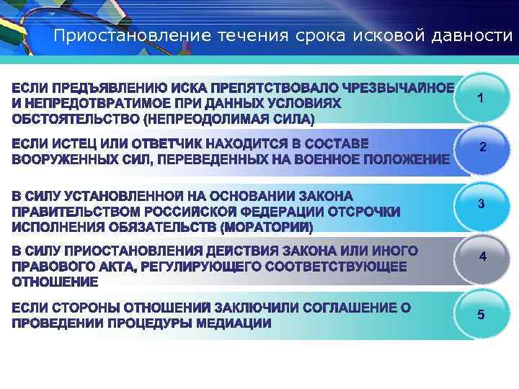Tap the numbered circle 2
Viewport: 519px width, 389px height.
[x=482, y=148]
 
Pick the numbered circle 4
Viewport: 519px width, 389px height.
[x=482, y=256]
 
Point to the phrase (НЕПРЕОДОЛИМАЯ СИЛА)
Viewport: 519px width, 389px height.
[x=229, y=117]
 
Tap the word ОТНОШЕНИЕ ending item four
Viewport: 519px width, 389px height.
[x=55, y=280]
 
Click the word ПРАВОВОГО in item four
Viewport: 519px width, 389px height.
[x=53, y=266]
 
